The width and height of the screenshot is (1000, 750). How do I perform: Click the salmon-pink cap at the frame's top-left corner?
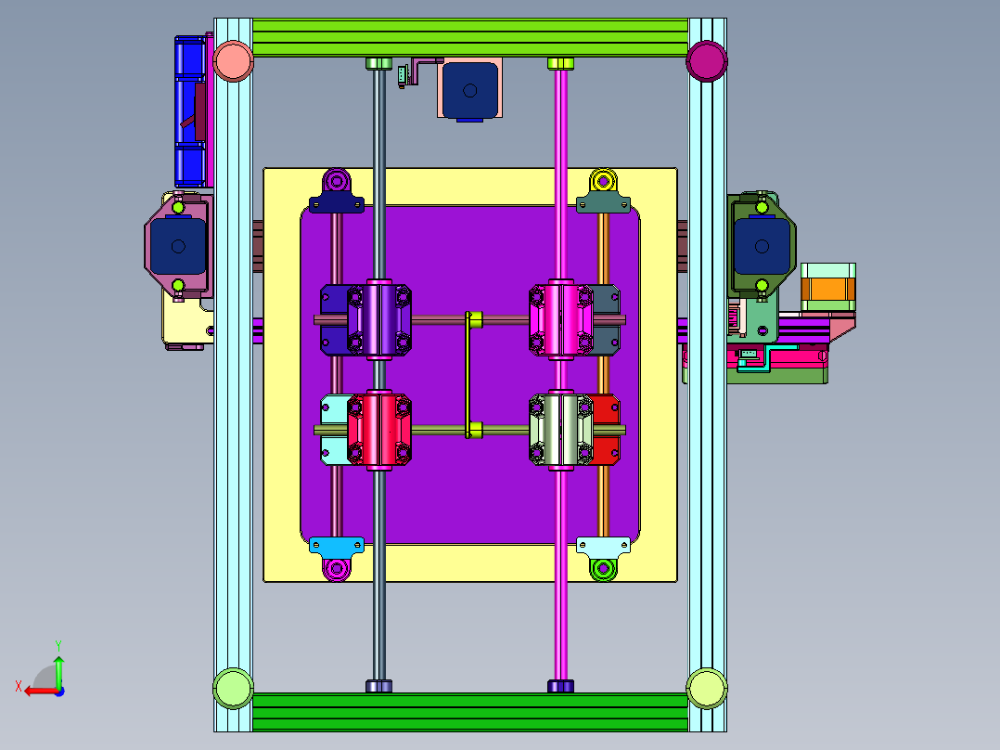(x=233, y=61)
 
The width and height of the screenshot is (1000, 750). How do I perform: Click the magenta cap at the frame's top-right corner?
(x=706, y=61)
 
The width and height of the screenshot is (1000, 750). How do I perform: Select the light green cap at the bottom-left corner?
(x=233, y=688)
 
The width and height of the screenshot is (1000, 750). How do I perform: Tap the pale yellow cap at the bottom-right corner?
(x=706, y=688)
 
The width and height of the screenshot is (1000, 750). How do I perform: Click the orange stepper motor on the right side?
(x=827, y=286)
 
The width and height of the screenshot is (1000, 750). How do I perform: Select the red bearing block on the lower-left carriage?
(x=378, y=430)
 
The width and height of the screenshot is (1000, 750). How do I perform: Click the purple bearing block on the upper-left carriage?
(x=378, y=319)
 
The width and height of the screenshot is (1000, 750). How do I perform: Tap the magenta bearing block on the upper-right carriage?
(x=560, y=319)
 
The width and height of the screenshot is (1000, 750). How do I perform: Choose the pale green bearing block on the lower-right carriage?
(x=560, y=430)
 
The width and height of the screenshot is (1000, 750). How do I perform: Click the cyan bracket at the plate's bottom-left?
(x=336, y=546)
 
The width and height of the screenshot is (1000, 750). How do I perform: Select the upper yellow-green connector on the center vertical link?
(x=476, y=319)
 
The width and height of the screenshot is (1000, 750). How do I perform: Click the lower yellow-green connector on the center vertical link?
(x=476, y=430)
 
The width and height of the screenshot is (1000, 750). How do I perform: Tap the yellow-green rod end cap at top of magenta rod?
(x=559, y=63)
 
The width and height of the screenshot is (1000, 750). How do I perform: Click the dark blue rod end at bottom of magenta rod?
(x=560, y=686)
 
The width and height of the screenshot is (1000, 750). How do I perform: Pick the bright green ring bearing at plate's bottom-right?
(x=604, y=568)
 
